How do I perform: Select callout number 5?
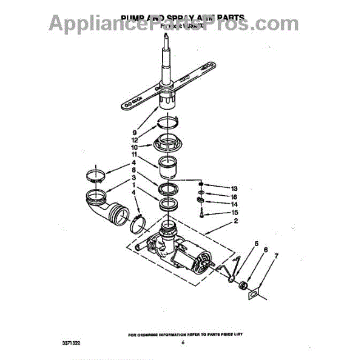tap(256, 244)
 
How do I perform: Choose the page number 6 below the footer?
tap(181, 343)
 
